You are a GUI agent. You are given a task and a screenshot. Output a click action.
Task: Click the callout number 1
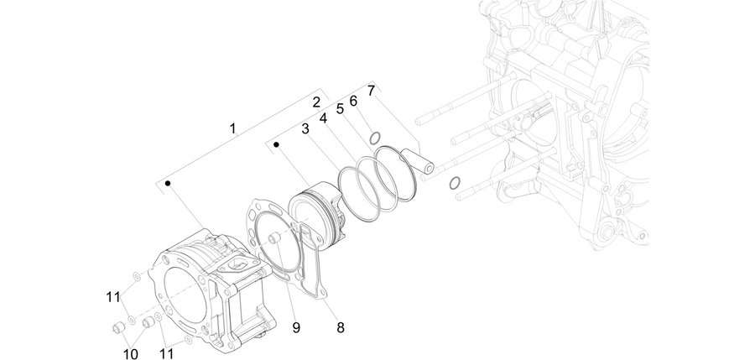pyautogui.click(x=233, y=128)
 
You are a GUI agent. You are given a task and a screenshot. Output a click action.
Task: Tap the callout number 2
pyautogui.click(x=316, y=102)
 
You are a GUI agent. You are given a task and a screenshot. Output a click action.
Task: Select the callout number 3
pyautogui.click(x=305, y=129)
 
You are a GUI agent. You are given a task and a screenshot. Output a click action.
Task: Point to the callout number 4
pyautogui.click(x=323, y=118)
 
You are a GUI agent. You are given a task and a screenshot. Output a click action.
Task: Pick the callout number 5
pyautogui.click(x=340, y=109)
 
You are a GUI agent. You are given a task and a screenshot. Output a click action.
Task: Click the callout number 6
pyautogui.click(x=353, y=102)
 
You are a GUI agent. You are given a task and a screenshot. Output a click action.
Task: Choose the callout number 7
pyautogui.click(x=371, y=91)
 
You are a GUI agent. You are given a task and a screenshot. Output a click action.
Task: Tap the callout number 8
pyautogui.click(x=341, y=328)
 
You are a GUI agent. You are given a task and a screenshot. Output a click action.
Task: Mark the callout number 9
pyautogui.click(x=296, y=328)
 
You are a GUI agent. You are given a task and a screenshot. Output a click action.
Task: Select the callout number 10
pyautogui.click(x=131, y=354)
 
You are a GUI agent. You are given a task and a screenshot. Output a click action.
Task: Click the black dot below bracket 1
pyautogui.click(x=168, y=183)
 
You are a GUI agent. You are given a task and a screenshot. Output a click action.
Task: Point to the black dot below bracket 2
pyautogui.click(x=276, y=144)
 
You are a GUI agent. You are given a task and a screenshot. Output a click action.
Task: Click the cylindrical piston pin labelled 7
pyautogui.click(x=418, y=160)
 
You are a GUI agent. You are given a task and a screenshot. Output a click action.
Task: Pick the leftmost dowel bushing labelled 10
pyautogui.click(x=118, y=328)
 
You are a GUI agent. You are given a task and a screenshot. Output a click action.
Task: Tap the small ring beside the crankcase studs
pyautogui.click(x=455, y=183)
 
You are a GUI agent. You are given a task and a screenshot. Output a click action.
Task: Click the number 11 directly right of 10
pyautogui.click(x=166, y=354)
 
